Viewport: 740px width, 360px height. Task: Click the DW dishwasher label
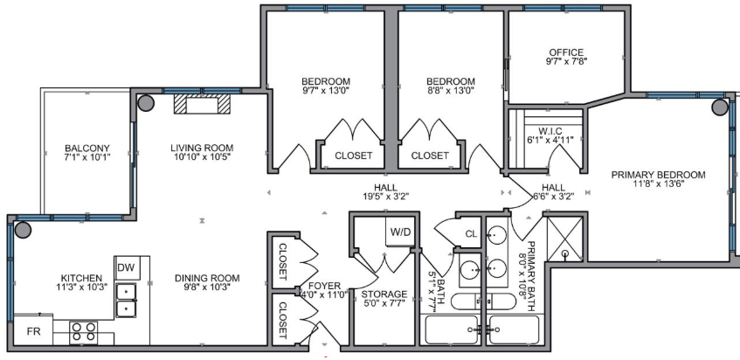pos(126,268)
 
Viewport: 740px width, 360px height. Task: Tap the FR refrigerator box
pos(33,331)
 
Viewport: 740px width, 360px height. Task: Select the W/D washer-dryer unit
pos(400,232)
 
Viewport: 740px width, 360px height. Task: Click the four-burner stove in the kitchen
pos(84,333)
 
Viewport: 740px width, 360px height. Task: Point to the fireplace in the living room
pos(202,104)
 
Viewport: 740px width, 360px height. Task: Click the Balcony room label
pos(87,148)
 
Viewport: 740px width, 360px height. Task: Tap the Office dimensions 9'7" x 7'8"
pos(566,61)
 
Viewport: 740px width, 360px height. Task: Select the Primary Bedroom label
pos(659,175)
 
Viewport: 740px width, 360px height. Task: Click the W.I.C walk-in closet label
pos(549,130)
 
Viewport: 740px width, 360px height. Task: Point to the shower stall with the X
pos(565,239)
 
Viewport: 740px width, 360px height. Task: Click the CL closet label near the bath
pos(472,233)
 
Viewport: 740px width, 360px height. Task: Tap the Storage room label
pos(384,294)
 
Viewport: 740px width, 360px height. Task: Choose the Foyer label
pos(324,286)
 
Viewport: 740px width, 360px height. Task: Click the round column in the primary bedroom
pos(720,107)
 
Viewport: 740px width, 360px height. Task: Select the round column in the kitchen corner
pos(22,230)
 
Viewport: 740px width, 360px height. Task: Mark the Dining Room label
pos(207,278)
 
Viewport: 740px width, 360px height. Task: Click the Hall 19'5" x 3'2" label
pos(385,192)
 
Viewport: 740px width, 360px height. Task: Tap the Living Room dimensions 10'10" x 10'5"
pos(202,156)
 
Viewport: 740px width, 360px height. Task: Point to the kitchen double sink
pos(126,300)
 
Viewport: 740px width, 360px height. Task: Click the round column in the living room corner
pos(146,103)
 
